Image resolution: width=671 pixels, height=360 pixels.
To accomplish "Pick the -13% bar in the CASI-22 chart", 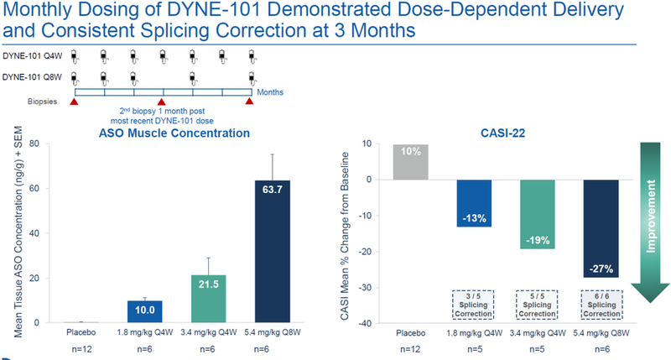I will click(474, 203).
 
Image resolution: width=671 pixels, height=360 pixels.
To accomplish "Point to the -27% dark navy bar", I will click(601, 228).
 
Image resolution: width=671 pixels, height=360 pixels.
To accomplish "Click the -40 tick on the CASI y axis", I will click(366, 324).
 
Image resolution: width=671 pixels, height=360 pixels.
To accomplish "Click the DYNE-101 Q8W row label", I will click(33, 77).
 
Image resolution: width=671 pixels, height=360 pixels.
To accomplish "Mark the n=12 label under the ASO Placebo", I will click(76, 347).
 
